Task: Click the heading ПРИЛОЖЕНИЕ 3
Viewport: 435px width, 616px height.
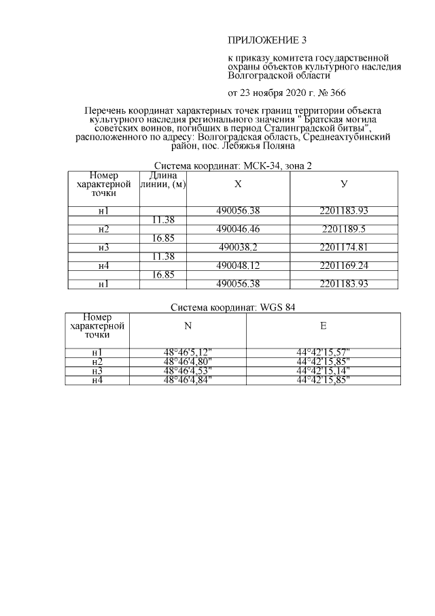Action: coord(262,40)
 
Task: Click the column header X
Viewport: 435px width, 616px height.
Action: coord(238,184)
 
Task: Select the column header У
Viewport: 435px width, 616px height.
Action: coord(343,184)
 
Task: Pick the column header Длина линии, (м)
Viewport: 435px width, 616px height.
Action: coord(162,180)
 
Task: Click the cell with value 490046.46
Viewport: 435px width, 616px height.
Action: coord(238,229)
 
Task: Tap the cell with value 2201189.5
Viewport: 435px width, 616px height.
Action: coord(343,229)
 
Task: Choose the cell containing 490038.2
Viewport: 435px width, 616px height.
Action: coord(238,247)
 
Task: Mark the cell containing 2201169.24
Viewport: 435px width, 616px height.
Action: coord(343,265)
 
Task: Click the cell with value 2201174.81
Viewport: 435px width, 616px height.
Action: coord(343,247)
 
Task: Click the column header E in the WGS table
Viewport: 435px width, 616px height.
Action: coord(323,326)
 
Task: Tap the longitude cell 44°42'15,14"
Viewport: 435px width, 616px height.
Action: coord(323,370)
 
